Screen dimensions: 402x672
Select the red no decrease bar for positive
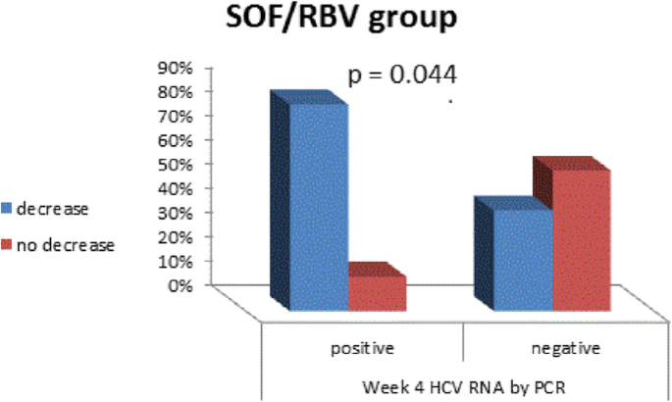point(377,294)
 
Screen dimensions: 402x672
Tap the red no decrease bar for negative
point(582,240)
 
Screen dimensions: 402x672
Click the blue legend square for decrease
point(7,209)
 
